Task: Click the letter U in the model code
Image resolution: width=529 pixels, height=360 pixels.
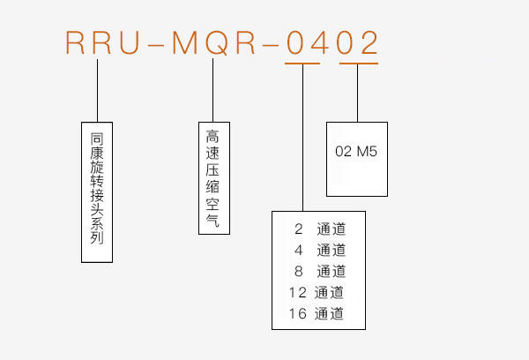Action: tap(130, 42)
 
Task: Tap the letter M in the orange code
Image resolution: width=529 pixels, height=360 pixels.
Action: tap(185, 42)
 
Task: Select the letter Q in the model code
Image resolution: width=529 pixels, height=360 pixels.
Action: tap(217, 43)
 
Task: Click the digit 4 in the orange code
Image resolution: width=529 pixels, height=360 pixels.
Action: tap(319, 42)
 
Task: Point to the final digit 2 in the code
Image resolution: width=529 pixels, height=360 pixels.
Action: tap(369, 42)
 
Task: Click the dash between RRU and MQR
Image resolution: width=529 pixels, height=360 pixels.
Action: tap(156, 44)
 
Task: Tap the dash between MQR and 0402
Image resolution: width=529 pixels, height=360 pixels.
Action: tap(271, 44)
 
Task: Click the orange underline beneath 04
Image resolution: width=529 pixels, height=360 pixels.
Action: tap(302, 64)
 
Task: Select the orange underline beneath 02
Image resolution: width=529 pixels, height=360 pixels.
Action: tap(359, 64)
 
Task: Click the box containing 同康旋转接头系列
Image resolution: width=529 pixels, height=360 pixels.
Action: tap(97, 192)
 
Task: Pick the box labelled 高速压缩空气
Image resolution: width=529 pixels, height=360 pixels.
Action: tap(214, 178)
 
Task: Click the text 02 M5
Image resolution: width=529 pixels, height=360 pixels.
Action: tap(356, 151)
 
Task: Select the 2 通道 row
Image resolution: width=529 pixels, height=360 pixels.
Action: tap(320, 229)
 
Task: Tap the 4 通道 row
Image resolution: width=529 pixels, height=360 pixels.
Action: tap(320, 251)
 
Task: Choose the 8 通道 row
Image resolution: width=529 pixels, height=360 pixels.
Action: tap(320, 271)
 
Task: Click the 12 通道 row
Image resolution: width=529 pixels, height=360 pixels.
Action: tap(317, 292)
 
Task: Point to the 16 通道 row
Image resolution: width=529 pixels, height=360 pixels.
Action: tap(317, 313)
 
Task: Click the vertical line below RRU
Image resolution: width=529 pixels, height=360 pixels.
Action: tap(98, 91)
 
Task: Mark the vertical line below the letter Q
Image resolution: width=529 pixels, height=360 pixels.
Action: tap(212, 90)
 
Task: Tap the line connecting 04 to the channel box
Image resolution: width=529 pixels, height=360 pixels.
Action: tap(302, 138)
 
